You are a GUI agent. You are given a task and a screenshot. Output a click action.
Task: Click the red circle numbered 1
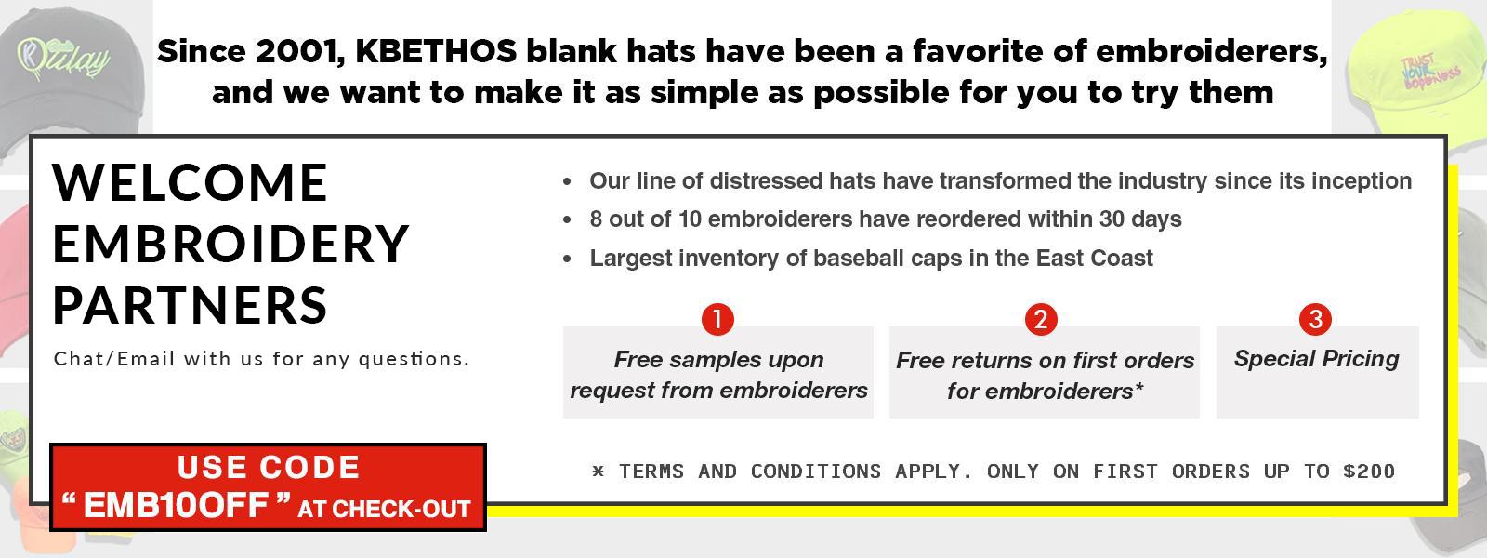[717, 320]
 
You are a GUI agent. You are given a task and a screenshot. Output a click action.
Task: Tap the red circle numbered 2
[1041, 320]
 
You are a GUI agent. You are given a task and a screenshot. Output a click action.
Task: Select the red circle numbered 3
[1315, 319]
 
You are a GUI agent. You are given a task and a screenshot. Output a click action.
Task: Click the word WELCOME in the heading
[190, 182]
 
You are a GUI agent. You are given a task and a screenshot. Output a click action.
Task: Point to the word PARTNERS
[190, 306]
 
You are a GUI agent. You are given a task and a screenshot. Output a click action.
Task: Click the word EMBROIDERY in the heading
[230, 244]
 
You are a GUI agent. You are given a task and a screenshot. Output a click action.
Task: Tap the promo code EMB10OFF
[176, 506]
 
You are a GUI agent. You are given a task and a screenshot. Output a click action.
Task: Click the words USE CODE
[269, 467]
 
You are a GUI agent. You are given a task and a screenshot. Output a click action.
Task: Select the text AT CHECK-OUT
[385, 509]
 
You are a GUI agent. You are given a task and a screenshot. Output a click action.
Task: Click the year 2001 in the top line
[298, 52]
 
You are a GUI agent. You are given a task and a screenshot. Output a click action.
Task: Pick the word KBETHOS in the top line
[436, 52]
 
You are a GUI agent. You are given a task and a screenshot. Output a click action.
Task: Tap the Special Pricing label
[1316, 359]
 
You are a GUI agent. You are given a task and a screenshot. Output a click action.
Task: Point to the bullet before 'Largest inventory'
[567, 259]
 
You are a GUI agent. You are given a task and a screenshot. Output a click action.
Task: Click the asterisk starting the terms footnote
[599, 471]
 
